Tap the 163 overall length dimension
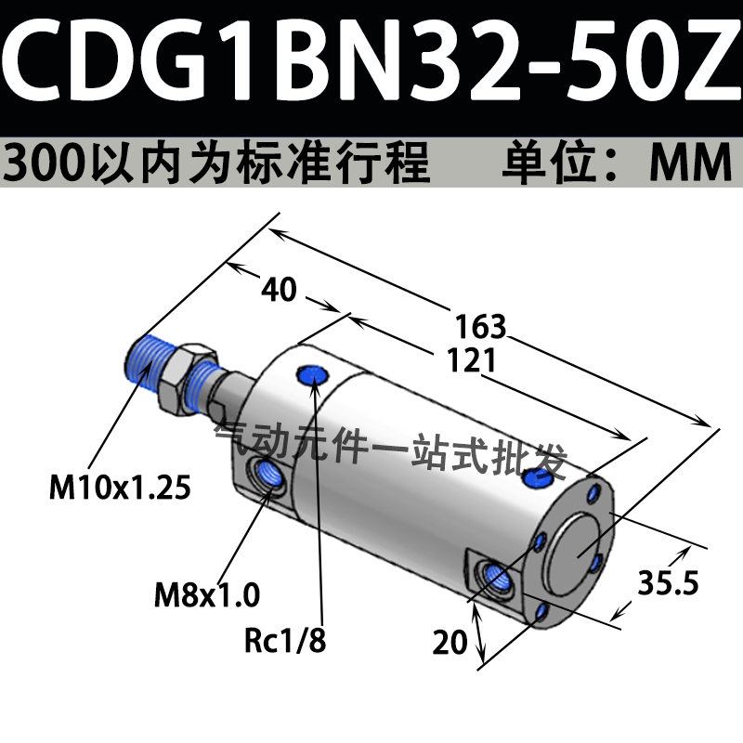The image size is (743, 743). pos(480,327)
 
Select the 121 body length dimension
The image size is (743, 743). pos(472,360)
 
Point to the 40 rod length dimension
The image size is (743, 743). pos(280,289)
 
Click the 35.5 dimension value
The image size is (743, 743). pos(668,582)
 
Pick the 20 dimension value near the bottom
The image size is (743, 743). pos(450,643)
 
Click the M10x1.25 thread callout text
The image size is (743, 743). pos(120,487)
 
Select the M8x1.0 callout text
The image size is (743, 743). pos(207,594)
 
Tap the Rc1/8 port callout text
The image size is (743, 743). pos(285,640)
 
